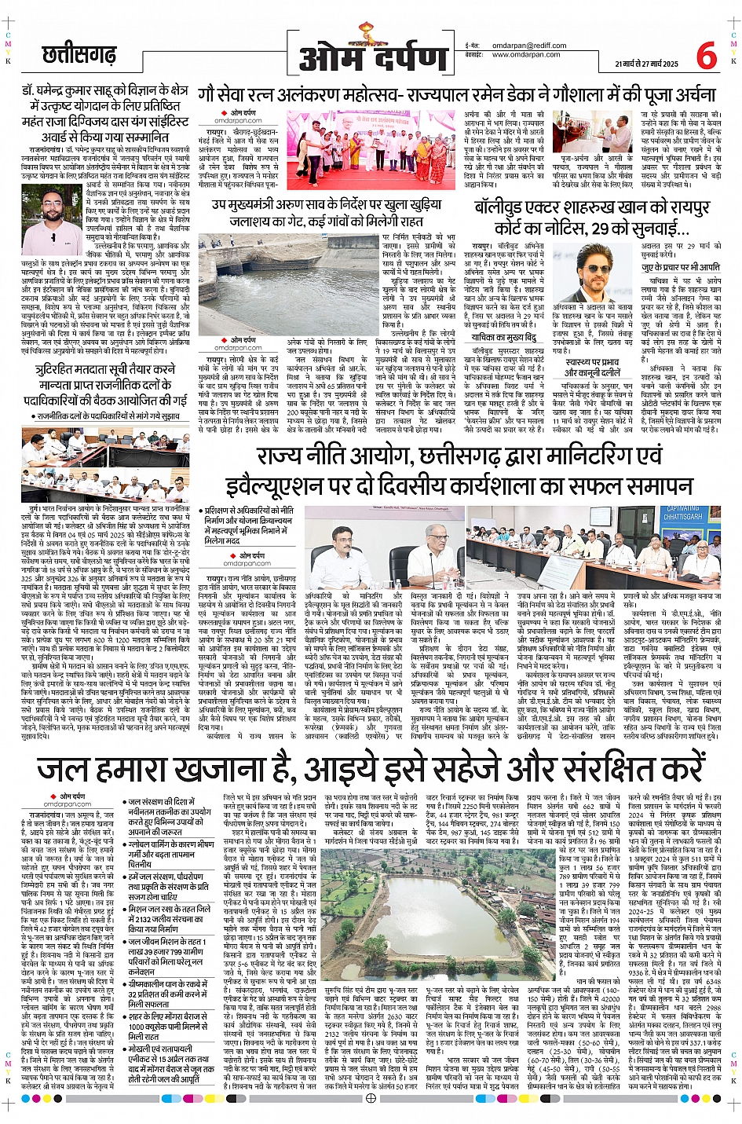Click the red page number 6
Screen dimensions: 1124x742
point(706,56)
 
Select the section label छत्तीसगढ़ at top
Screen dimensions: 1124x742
point(79,56)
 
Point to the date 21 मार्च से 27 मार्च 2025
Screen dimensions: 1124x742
point(646,63)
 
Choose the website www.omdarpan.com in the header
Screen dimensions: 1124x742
point(526,55)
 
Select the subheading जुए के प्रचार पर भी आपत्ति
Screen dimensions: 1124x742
point(681,267)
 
